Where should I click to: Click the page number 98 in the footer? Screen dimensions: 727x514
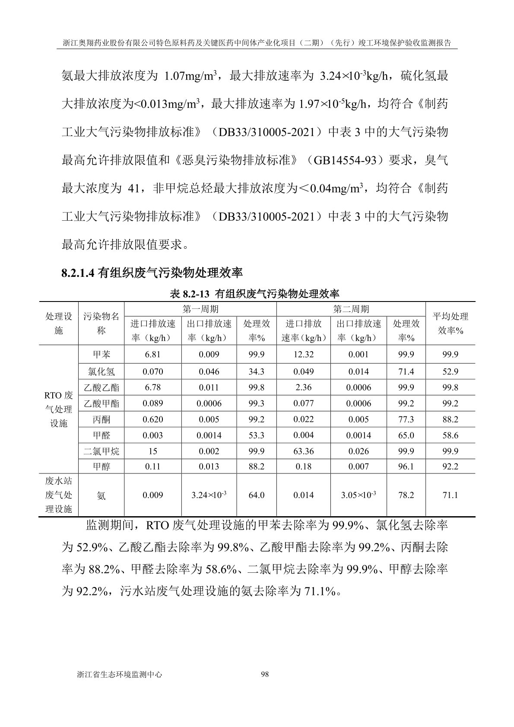pos(265,674)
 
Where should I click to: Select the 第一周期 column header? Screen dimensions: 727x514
pos(200,309)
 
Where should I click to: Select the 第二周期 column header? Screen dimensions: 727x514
pos(351,309)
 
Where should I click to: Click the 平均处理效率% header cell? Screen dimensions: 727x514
pos(450,323)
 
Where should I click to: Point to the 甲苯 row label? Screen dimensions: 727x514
pos(102,355)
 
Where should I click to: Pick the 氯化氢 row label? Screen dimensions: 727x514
pos(102,371)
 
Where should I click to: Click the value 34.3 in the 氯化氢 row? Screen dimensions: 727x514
pos(256,371)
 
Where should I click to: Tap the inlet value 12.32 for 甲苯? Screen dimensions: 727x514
pos(303,355)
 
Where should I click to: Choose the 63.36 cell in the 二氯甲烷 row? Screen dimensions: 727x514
pos(303,451)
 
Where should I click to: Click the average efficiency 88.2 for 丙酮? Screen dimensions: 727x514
pos(450,419)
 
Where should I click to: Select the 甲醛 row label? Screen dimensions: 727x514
pos(102,435)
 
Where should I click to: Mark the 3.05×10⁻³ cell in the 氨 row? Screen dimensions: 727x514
pos(358,495)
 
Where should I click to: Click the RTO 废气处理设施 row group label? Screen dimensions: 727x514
pos(59,409)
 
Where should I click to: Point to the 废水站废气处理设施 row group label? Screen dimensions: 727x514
pos(59,495)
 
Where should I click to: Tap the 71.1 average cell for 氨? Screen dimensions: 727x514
pos(450,495)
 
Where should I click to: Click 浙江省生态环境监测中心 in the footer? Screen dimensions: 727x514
pos(119,674)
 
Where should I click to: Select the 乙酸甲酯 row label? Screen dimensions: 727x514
pos(102,403)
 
